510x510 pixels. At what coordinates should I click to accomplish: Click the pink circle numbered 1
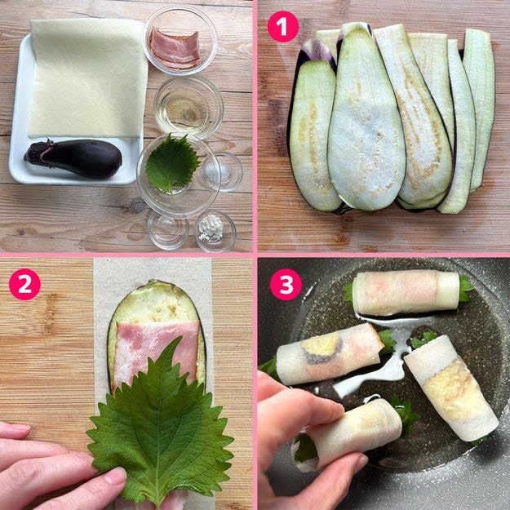coord(282,27)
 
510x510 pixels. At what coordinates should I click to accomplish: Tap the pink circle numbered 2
coord(24,284)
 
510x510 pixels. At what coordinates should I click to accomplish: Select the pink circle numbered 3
coord(286,284)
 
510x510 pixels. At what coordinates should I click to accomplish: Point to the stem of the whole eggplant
coord(38,153)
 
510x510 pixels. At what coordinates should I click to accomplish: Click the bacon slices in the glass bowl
coord(174,49)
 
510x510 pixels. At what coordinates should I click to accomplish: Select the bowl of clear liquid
coord(188,107)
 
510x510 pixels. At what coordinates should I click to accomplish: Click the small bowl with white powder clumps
coord(215,230)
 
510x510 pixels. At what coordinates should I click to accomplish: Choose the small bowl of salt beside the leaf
coord(222,171)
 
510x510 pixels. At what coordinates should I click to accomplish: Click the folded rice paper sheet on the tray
coord(88,78)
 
